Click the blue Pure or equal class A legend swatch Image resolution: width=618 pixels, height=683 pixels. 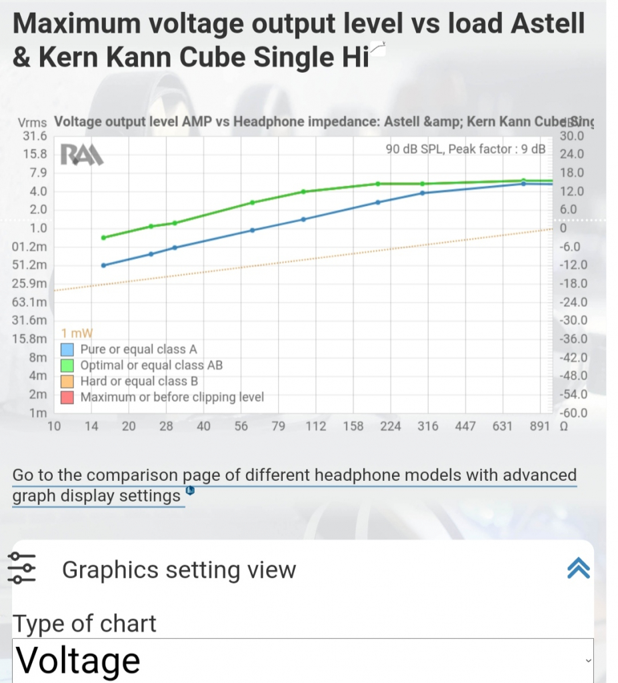click(x=67, y=350)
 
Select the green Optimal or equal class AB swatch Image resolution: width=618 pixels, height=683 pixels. click(x=67, y=366)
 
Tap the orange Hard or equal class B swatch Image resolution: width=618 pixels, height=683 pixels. click(x=67, y=382)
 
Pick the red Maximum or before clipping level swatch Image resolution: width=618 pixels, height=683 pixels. click(x=67, y=398)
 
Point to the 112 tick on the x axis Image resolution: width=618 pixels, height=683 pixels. click(x=316, y=427)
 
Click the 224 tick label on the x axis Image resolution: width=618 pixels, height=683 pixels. click(x=391, y=427)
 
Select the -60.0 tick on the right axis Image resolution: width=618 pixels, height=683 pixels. click(x=572, y=413)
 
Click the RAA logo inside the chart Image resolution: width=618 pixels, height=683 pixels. click(x=82, y=155)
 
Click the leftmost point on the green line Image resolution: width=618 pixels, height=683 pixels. click(x=104, y=237)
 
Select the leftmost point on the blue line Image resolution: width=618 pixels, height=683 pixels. click(x=104, y=265)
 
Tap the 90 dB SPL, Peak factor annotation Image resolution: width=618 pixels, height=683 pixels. click(x=465, y=149)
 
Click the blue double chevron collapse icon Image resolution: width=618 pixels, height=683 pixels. click(x=577, y=568)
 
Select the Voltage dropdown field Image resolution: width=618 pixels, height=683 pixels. click(x=302, y=660)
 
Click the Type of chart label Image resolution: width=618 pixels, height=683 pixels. click(x=85, y=624)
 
